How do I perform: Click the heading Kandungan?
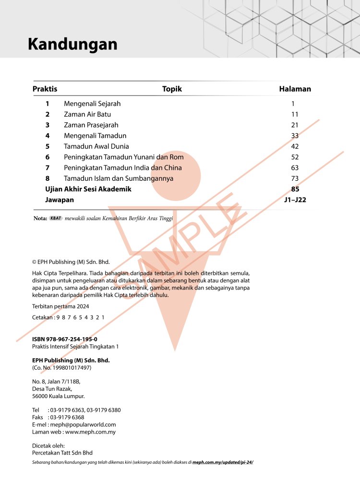(x=72, y=44)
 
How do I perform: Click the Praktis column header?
(x=45, y=89)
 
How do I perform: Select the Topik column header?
(x=172, y=89)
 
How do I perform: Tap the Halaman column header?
(x=295, y=89)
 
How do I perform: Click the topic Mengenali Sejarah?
(x=92, y=104)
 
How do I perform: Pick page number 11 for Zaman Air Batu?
(x=295, y=114)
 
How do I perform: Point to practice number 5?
(x=47, y=146)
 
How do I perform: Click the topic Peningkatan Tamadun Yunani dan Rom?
(x=124, y=157)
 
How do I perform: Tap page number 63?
(x=295, y=167)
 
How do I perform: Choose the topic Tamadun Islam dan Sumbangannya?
(x=119, y=178)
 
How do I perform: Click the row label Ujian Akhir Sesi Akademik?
(x=88, y=189)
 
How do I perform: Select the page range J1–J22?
(x=295, y=199)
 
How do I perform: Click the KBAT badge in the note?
(x=56, y=218)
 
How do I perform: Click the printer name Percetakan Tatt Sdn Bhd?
(x=62, y=453)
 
